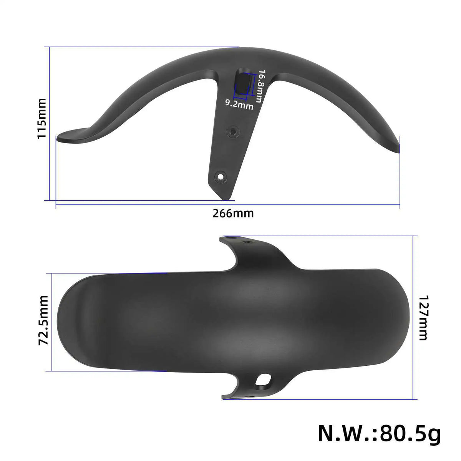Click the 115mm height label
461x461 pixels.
(x=41, y=118)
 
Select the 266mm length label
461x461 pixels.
(x=233, y=213)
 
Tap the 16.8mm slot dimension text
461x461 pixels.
(x=260, y=86)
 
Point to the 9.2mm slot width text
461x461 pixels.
(x=239, y=104)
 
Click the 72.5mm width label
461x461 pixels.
(x=43, y=320)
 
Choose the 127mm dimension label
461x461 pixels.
(x=422, y=318)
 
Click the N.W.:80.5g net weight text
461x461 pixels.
(x=379, y=433)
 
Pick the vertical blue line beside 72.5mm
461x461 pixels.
(x=51, y=322)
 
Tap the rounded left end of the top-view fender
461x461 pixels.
(x=61, y=322)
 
